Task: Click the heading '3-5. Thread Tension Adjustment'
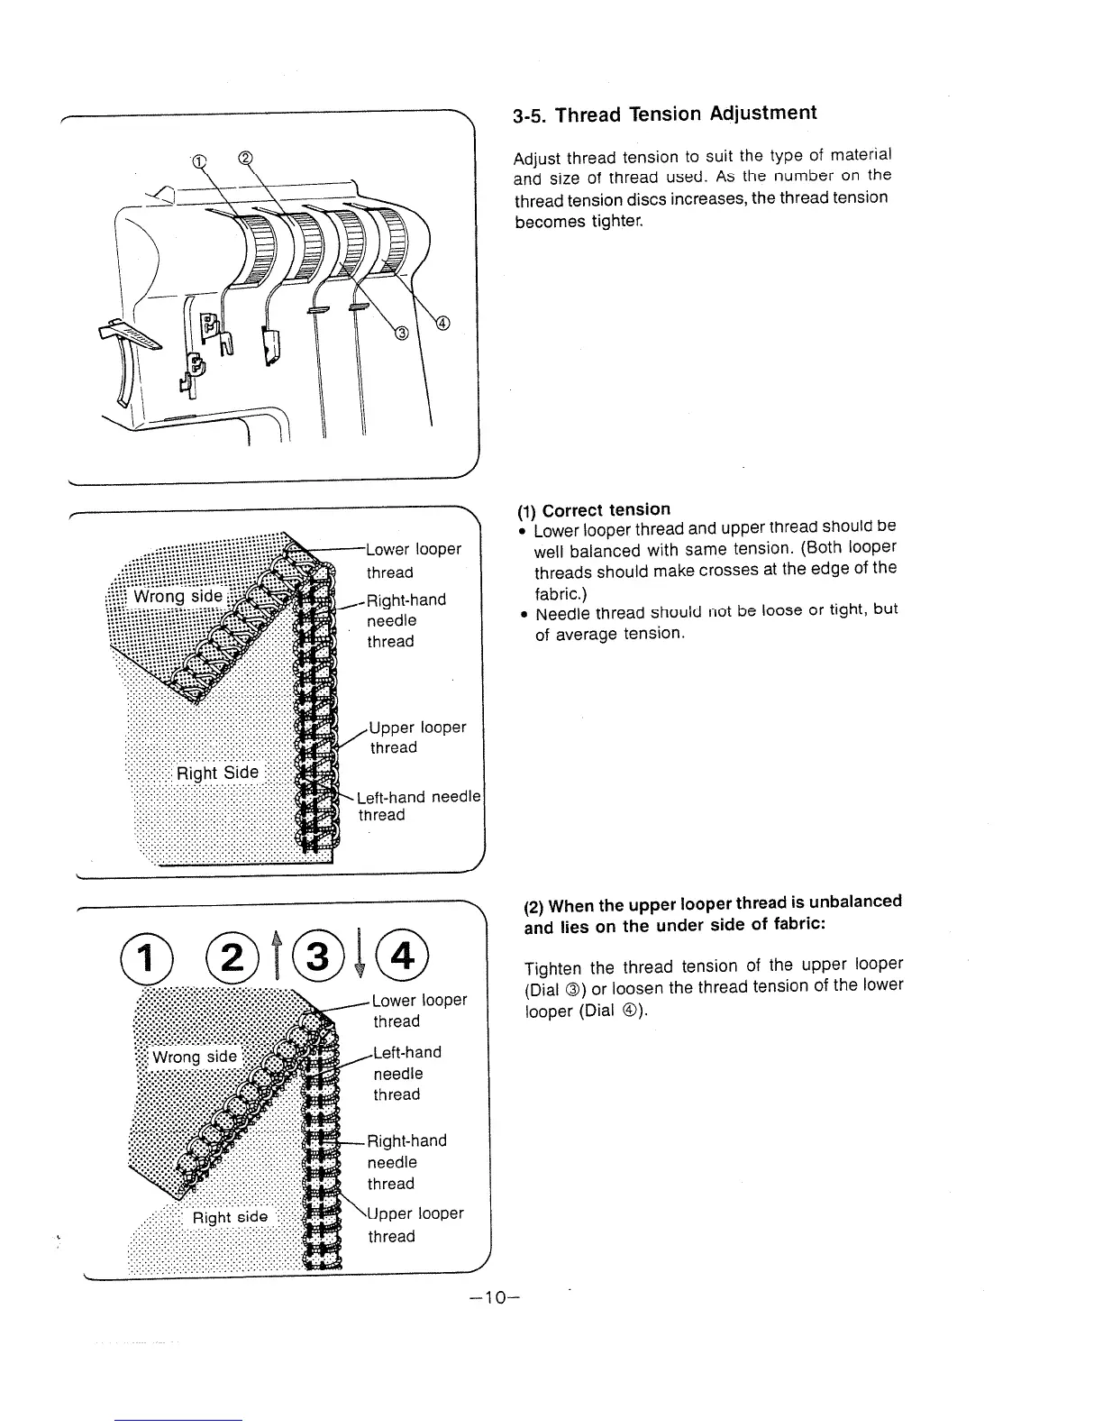click(664, 114)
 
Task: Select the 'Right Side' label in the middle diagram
click(217, 773)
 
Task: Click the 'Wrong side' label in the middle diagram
click(178, 597)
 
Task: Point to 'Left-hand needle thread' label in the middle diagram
click(418, 806)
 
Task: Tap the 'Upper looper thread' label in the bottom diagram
click(415, 1225)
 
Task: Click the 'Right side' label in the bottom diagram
click(231, 1217)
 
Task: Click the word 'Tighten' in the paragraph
click(553, 968)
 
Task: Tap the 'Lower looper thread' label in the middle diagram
click(414, 560)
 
